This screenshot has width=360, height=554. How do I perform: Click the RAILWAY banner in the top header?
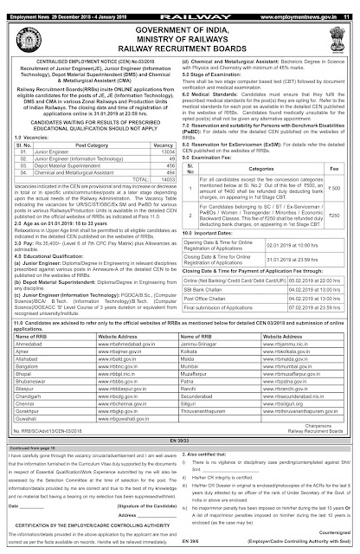(x=180, y=6)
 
